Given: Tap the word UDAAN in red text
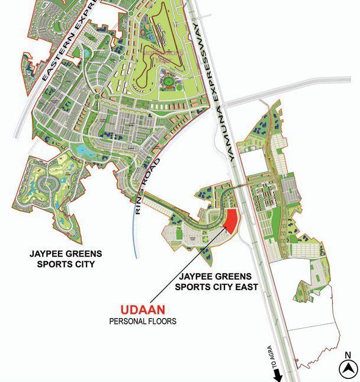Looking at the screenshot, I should (143, 310).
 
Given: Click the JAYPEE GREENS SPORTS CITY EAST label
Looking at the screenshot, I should (216, 282).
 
